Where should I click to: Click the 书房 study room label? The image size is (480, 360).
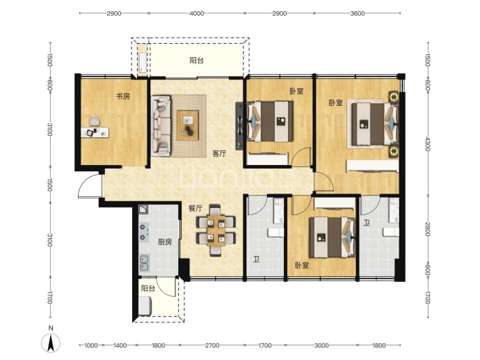(122, 96)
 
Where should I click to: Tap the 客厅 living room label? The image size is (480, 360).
(219, 153)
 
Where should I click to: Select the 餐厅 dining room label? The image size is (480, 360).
(195, 209)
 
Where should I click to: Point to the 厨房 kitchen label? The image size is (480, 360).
(165, 242)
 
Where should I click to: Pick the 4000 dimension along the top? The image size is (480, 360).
(197, 13)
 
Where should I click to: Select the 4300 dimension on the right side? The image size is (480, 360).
(428, 143)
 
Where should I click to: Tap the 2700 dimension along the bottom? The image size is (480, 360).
(212, 345)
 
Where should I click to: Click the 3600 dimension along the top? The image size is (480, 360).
(358, 13)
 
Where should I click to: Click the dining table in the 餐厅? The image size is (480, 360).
(216, 230)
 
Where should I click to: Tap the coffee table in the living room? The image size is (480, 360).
(188, 125)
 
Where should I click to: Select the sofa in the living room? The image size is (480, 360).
(161, 125)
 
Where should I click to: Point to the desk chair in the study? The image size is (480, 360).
(95, 120)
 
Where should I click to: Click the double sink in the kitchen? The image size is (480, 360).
(144, 263)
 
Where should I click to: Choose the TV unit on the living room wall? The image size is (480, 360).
(239, 126)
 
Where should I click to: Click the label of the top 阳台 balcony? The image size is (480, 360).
(197, 61)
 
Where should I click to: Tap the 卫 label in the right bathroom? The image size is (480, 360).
(367, 222)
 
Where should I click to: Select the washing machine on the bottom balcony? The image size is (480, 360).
(145, 306)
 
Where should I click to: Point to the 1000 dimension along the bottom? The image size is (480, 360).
(91, 345)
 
